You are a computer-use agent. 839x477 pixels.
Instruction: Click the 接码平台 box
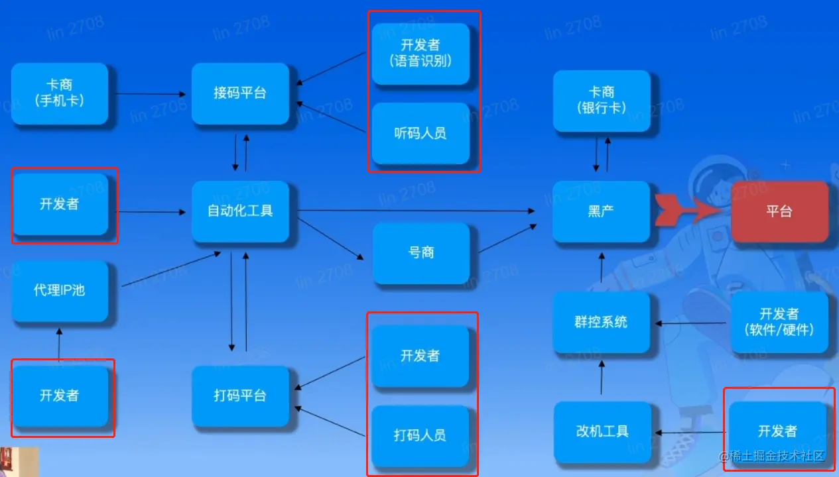(240, 93)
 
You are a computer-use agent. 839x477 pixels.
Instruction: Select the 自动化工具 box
(240, 211)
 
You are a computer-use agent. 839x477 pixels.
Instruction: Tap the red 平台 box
(779, 212)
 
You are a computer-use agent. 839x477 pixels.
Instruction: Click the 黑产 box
(601, 212)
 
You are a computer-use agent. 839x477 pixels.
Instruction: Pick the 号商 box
(421, 253)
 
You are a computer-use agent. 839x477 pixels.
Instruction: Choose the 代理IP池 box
(60, 291)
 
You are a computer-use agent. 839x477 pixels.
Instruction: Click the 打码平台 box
(240, 396)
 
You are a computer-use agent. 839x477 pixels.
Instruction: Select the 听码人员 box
(420, 133)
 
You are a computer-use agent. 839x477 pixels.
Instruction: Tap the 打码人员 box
(420, 435)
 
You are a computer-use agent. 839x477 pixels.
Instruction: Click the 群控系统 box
(601, 323)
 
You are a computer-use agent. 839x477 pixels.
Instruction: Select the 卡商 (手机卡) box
(60, 93)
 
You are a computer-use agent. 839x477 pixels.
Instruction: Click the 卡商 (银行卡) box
(601, 99)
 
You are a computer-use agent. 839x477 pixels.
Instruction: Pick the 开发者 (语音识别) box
(420, 53)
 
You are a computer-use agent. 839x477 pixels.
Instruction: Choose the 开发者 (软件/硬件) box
(779, 321)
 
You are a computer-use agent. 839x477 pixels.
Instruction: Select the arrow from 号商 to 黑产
(507, 238)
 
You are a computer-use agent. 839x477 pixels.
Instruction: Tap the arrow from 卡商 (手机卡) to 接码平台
(149, 94)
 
